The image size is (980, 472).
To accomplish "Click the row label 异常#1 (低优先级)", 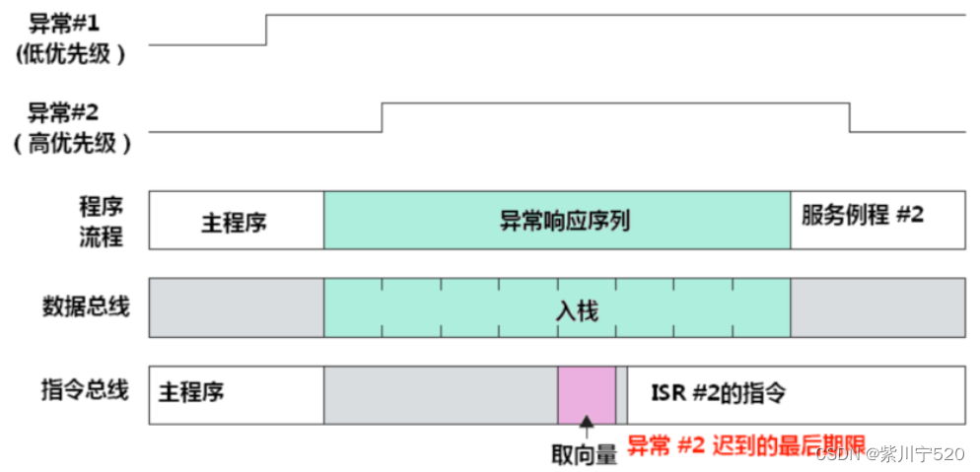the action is (71, 37).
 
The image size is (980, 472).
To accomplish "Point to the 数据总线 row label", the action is (86, 306).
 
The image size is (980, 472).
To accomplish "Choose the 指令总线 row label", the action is (86, 390).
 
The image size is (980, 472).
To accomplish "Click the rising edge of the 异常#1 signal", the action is (266, 30).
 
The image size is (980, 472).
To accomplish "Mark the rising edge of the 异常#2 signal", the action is (383, 117).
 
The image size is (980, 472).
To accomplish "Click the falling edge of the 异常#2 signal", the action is (850, 117).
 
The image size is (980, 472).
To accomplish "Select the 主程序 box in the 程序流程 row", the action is (235, 221).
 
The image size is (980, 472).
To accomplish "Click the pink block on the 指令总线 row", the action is (587, 395).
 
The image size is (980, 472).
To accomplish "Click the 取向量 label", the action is (584, 454).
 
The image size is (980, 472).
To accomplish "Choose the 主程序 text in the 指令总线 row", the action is (191, 392).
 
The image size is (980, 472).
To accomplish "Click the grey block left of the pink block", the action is (441, 395).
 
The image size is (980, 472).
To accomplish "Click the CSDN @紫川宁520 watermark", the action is (892, 453).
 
